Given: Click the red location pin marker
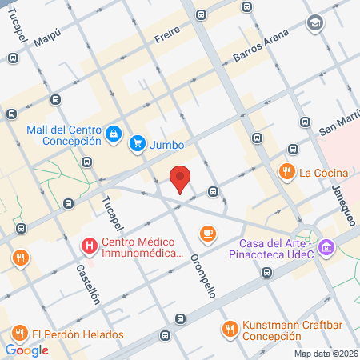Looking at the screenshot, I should (x=181, y=178).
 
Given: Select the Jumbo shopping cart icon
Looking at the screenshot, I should (x=138, y=144).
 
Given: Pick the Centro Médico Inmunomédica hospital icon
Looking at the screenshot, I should (x=90, y=244).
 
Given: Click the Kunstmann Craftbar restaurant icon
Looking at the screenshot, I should (x=230, y=328).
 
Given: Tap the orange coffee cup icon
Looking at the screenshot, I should (x=208, y=233).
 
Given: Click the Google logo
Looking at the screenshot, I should (x=26, y=350).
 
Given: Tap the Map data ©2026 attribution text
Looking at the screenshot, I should (x=325, y=354).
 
